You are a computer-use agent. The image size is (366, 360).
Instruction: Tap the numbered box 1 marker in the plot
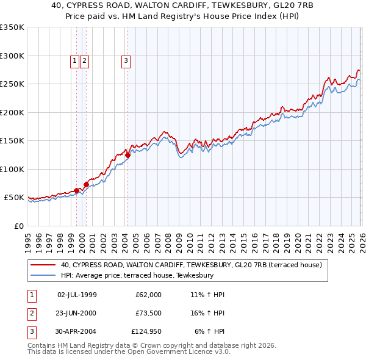(x=74, y=60)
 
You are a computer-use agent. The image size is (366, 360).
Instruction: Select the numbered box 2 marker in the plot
(x=84, y=60)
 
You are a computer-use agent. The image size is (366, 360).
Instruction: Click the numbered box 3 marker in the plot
(x=126, y=60)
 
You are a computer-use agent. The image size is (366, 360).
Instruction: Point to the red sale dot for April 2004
(x=127, y=156)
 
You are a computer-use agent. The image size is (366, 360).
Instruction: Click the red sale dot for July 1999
(x=76, y=190)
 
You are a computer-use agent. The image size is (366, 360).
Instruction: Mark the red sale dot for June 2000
(x=86, y=184)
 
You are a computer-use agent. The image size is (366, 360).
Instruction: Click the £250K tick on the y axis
(x=12, y=84)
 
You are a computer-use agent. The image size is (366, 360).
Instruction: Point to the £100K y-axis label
(x=12, y=169)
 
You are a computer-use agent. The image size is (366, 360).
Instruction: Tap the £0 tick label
(x=18, y=226)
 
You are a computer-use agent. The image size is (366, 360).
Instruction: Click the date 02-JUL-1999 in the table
(x=77, y=295)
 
